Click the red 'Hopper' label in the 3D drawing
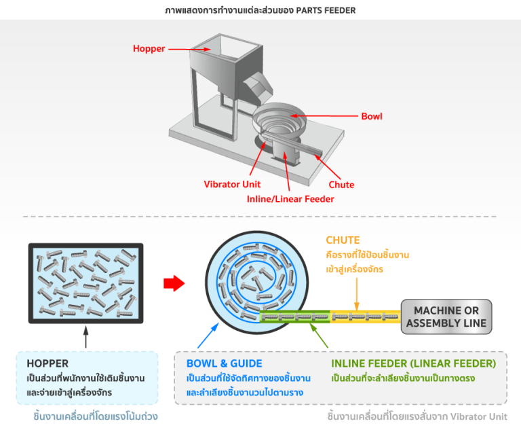pos(148,48)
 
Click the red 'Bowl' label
pos(371,116)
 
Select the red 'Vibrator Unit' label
pos(232,184)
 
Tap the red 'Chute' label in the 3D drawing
pos(341,184)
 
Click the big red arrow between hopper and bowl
pos(174,284)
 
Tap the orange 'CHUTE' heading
pos(343,240)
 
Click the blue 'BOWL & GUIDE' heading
pos(224,363)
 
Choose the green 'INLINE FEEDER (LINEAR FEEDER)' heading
pos(413,363)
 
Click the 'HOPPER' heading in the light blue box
pos(47,363)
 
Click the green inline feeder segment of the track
pos(295,317)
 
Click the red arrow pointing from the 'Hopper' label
pos(177,48)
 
